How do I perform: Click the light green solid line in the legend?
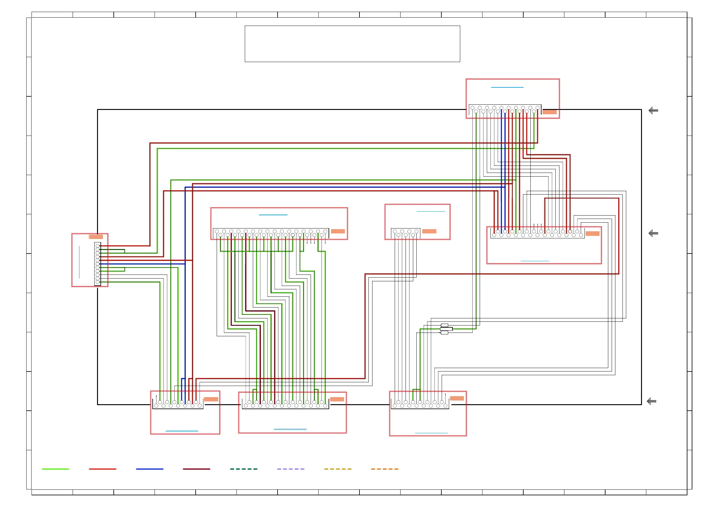[x=55, y=469]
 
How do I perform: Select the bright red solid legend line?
[x=102, y=469]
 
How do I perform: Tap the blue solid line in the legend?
[x=150, y=469]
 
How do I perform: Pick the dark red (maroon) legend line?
[x=196, y=469]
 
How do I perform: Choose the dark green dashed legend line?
[x=244, y=469]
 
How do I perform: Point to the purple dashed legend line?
[x=291, y=469]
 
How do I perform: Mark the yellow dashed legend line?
[x=338, y=469]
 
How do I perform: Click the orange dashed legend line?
[x=384, y=469]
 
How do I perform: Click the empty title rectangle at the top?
[x=352, y=44]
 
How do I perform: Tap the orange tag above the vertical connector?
[x=96, y=237]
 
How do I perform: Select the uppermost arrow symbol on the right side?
[x=653, y=111]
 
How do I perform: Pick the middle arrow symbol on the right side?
[x=653, y=233]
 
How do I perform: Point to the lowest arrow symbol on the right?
[x=651, y=401]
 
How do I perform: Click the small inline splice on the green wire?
[x=446, y=329]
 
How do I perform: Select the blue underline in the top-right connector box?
[x=507, y=87]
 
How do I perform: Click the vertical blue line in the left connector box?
[x=79, y=262]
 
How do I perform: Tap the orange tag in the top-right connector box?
[x=550, y=112]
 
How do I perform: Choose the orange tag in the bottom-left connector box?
[x=211, y=399]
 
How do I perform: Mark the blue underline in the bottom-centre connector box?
[x=290, y=429]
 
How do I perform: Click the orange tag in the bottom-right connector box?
[x=457, y=398]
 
